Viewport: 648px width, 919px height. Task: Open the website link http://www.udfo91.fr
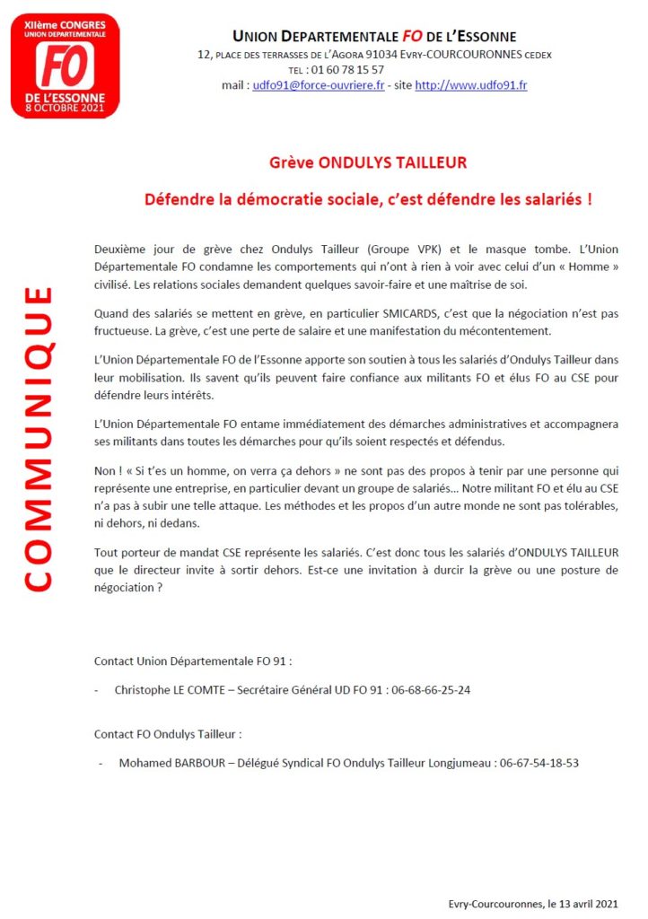pos(470,85)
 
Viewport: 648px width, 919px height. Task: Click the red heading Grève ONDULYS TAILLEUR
pos(368,163)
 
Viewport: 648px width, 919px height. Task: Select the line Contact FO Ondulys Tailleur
pos(168,733)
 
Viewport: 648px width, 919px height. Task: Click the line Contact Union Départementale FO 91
pos(193,661)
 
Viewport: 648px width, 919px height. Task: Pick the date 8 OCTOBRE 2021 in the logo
pos(65,108)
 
